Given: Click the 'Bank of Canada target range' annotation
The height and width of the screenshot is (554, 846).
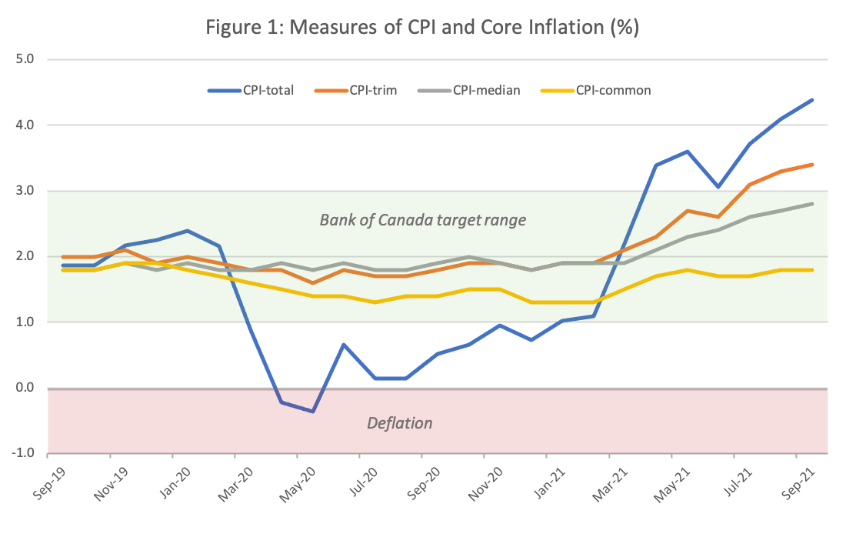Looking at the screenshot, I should click(x=422, y=221).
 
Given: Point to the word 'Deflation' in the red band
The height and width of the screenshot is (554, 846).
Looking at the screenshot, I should click(x=399, y=423).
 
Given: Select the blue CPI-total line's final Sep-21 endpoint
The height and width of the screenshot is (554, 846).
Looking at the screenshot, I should click(x=813, y=100).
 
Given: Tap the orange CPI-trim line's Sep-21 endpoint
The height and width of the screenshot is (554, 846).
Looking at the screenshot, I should click(x=813, y=165).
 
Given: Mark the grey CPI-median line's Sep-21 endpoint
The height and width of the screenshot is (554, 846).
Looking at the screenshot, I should click(x=813, y=204).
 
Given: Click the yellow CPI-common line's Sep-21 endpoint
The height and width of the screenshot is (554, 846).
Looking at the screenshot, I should click(x=813, y=270).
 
